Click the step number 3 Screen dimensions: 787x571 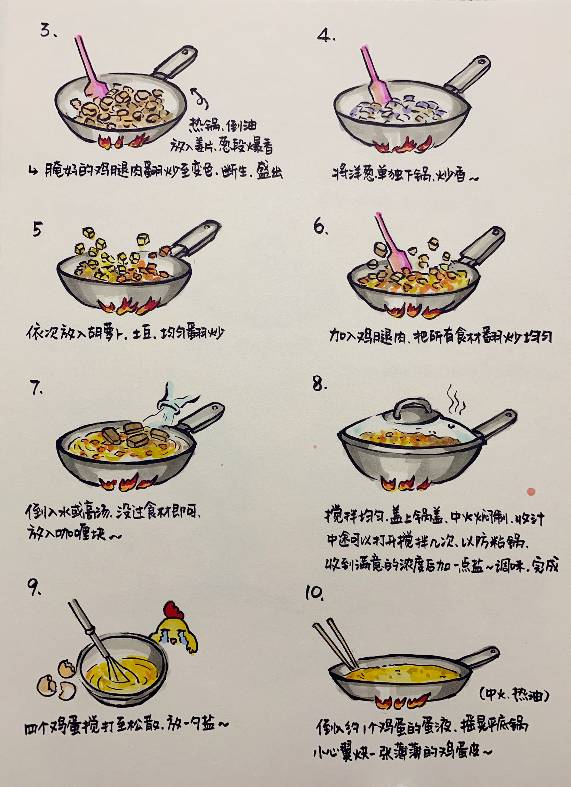point(48,30)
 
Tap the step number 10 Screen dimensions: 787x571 point(314,593)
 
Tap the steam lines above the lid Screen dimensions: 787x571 point(456,399)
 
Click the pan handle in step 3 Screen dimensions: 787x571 point(176,62)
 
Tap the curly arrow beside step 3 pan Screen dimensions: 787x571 point(200,98)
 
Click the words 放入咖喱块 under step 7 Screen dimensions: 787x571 point(66,534)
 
